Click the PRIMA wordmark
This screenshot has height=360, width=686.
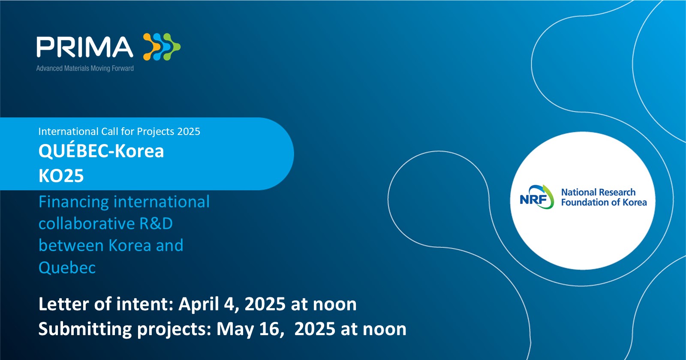pyautogui.click(x=85, y=47)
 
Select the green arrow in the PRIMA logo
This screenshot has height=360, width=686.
pyautogui.click(x=172, y=47)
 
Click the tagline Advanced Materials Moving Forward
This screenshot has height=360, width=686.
pyautogui.click(x=85, y=68)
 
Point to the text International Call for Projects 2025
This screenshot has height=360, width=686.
pyautogui.click(x=119, y=132)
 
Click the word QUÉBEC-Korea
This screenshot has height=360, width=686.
pyautogui.click(x=101, y=150)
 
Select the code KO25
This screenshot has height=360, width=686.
pyautogui.click(x=61, y=176)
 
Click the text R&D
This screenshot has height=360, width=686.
pyautogui.click(x=156, y=223)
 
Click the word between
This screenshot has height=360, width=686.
pyautogui.click(x=71, y=246)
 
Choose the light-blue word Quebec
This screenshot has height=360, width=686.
pyautogui.click(x=67, y=268)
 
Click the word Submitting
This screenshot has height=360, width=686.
pyautogui.click(x=85, y=330)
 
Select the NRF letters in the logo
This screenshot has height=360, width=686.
pyautogui.click(x=534, y=200)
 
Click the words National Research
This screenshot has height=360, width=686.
pyautogui.click(x=598, y=192)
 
